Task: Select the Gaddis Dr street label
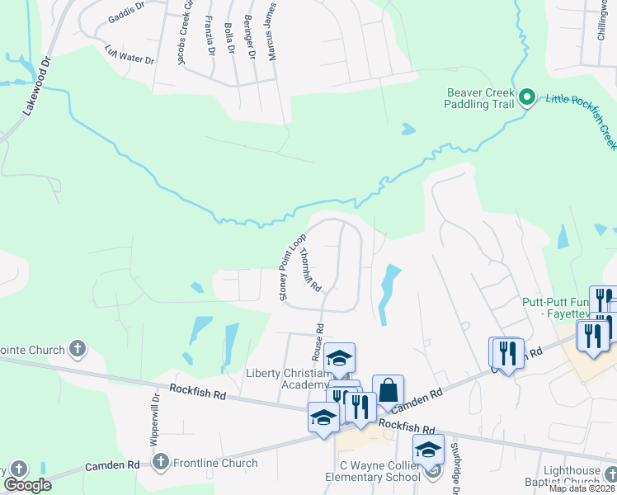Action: tap(126, 18)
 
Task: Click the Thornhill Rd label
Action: tap(309, 270)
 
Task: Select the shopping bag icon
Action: tap(388, 390)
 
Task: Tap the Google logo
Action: tap(26, 485)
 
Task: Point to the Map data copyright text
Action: tap(581, 488)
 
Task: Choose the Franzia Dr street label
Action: tap(210, 35)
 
